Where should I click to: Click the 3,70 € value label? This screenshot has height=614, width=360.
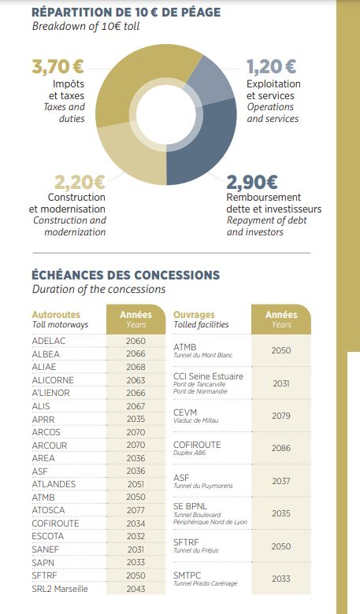(x=58, y=66)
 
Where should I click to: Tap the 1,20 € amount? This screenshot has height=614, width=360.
(x=271, y=66)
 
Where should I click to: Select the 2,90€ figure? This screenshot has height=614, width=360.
(x=252, y=182)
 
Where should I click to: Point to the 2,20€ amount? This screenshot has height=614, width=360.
(x=80, y=182)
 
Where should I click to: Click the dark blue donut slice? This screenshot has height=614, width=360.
(x=208, y=149)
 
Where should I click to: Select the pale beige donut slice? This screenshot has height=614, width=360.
(x=129, y=157)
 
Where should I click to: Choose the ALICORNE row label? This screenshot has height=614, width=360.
(x=53, y=380)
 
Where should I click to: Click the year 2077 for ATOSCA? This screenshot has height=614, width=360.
(x=136, y=510)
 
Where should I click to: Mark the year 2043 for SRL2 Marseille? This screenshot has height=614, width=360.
(x=136, y=589)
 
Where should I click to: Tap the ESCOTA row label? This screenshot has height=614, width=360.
(x=48, y=536)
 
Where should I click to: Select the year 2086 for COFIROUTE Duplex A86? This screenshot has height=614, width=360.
(x=281, y=448)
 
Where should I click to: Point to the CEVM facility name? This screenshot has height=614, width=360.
(x=185, y=412)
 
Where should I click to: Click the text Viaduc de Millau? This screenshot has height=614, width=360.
(x=196, y=420)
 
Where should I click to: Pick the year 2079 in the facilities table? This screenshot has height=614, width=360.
(x=281, y=416)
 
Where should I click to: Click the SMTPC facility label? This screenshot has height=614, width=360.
(x=187, y=575)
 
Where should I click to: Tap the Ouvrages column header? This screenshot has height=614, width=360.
(x=195, y=315)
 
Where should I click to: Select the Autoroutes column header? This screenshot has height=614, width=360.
(x=56, y=315)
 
